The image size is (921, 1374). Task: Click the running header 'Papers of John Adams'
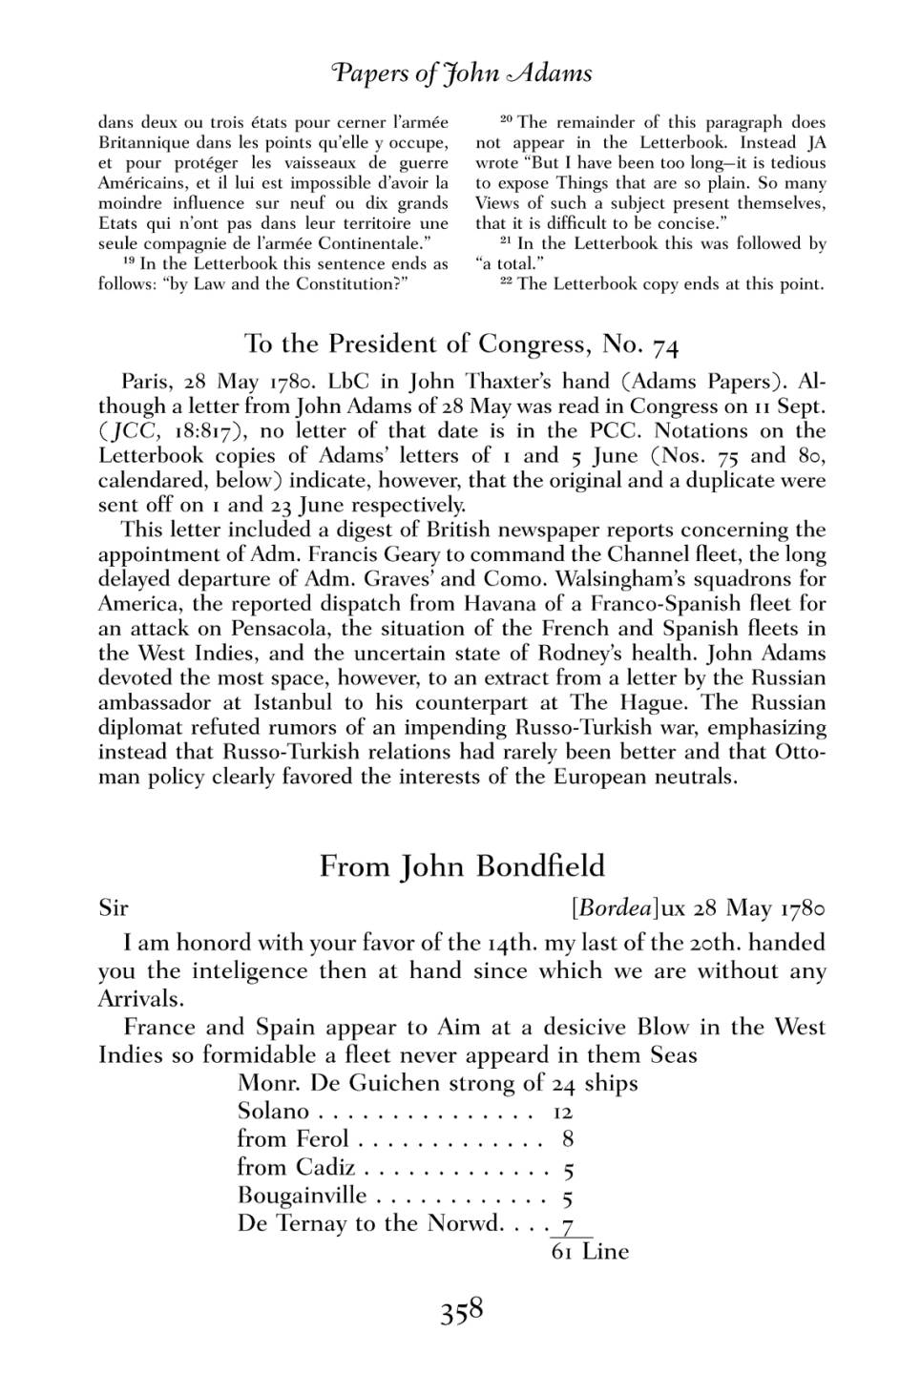[x=461, y=73]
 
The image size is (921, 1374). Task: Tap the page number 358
[x=462, y=1311]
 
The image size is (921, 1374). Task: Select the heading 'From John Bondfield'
[x=462, y=865]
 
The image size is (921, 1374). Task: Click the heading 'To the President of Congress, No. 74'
[x=462, y=343]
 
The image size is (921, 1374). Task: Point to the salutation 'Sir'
[x=113, y=907]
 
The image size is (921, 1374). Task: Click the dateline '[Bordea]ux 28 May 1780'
[x=698, y=907]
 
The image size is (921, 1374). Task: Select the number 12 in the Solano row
[x=562, y=1112]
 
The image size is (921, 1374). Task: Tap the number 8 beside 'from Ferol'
[x=568, y=1139]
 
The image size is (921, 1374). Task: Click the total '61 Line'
[x=590, y=1252]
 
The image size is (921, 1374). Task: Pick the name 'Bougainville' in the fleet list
[x=302, y=1196]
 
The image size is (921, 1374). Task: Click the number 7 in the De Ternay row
[x=568, y=1224]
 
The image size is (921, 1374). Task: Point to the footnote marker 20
[x=507, y=119]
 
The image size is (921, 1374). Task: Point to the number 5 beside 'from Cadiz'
[x=568, y=1169]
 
